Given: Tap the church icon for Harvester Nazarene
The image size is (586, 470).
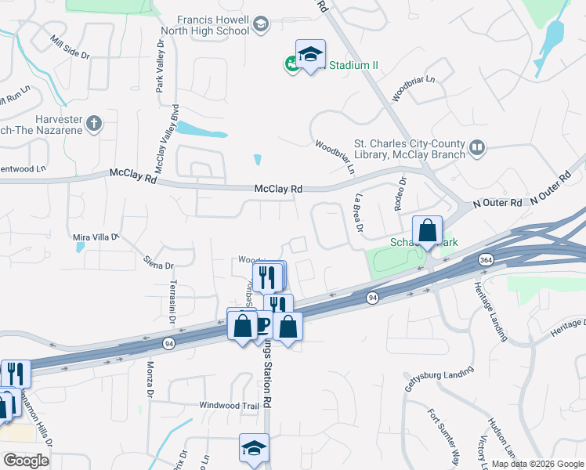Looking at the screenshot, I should pyautogui.click(x=94, y=123).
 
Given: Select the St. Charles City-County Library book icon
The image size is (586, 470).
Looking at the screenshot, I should pyautogui.click(x=477, y=147).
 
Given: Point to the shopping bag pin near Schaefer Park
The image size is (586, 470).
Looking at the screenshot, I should pyautogui.click(x=427, y=231).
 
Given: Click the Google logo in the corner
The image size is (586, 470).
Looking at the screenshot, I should pyautogui.click(x=26, y=460).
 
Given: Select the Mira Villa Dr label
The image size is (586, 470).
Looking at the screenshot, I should pyautogui.click(x=94, y=236).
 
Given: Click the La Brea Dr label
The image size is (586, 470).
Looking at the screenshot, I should pyautogui.click(x=359, y=213).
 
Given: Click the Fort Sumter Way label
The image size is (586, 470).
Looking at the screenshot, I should pyautogui.click(x=443, y=435).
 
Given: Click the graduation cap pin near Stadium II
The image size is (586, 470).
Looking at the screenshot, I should pyautogui.click(x=310, y=55).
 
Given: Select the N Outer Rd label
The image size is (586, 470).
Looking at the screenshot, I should pyautogui.click(x=497, y=203).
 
